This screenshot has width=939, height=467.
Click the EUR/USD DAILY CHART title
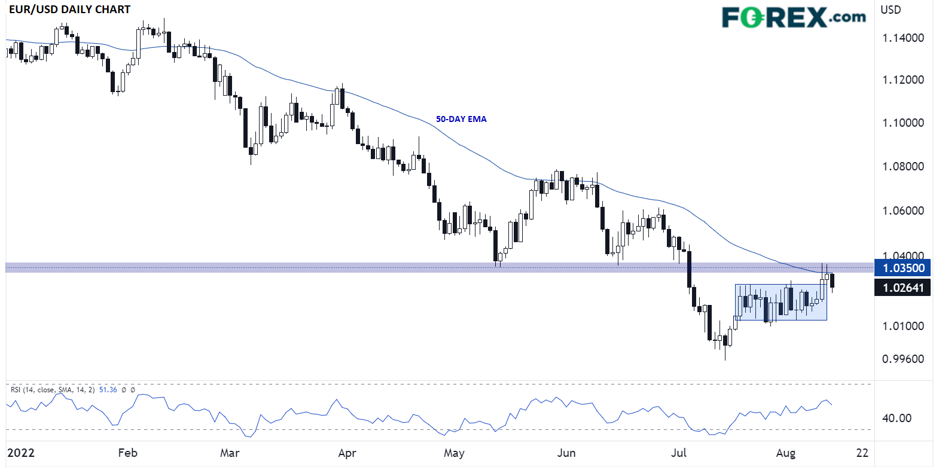pos(69,10)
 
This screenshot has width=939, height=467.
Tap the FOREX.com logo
pos(793,17)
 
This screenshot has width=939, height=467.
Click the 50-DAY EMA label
pos(461,119)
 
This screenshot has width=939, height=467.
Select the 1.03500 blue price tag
pos(903,268)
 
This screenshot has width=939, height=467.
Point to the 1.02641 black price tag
pos(903,288)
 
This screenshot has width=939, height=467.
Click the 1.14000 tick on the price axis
pos(903,38)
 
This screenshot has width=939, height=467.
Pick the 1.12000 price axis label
pos(903,80)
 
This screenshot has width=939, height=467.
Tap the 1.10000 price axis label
pos(903,123)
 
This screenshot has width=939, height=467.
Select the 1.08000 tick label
pos(903,166)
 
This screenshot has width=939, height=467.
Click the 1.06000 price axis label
pos(903,210)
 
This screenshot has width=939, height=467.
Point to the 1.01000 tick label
pos(903,326)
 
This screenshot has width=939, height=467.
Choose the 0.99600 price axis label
pos(903,359)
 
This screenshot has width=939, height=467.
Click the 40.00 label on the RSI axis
pos(897,418)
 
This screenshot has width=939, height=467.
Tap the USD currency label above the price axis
pos(891,10)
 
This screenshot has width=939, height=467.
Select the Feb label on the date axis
pos(127,453)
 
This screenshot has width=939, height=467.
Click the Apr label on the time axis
pos(347,453)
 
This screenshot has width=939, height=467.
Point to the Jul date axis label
pos(679,453)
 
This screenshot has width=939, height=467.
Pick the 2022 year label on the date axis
pos(21,453)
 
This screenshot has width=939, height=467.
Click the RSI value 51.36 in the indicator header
pos(108,390)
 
